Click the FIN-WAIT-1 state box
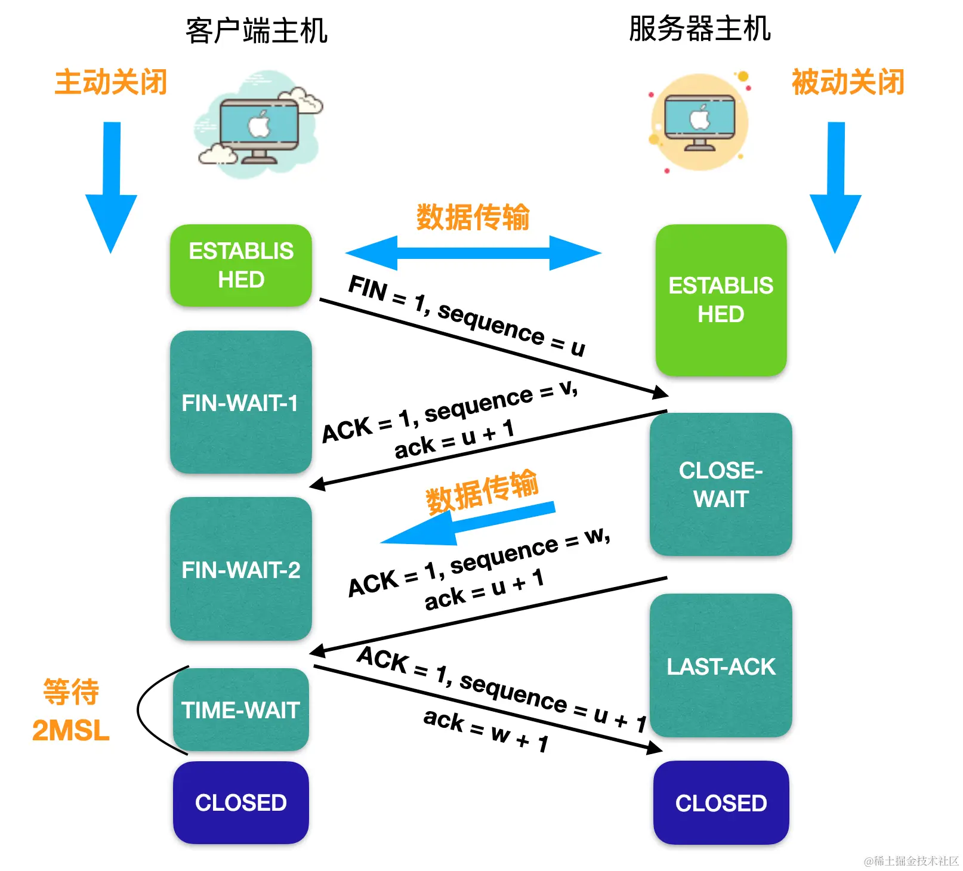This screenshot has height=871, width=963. pyautogui.click(x=240, y=402)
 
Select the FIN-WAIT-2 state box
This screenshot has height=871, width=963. pyautogui.click(x=240, y=569)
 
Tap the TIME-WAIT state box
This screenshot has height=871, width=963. pyautogui.click(x=240, y=709)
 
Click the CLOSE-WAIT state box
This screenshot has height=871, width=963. pyautogui.click(x=721, y=484)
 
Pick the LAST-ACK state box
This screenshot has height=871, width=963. pyautogui.click(x=721, y=666)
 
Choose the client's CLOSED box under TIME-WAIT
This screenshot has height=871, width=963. pyautogui.click(x=240, y=802)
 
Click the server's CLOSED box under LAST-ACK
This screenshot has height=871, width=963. pyautogui.click(x=721, y=803)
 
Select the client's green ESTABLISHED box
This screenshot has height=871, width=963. pyautogui.click(x=240, y=265)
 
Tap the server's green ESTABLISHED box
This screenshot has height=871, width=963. pyautogui.click(x=721, y=300)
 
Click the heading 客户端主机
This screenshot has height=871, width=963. pyautogui.click(x=257, y=30)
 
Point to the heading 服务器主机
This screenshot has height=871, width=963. pyautogui.click(x=700, y=29)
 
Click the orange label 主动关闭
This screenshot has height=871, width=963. pyautogui.click(x=111, y=82)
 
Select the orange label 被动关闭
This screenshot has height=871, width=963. pyautogui.click(x=848, y=82)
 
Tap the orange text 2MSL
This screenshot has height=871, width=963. pyautogui.click(x=71, y=730)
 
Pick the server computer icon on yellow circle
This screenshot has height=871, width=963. pyautogui.click(x=699, y=123)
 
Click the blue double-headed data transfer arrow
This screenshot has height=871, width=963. pyautogui.click(x=473, y=253)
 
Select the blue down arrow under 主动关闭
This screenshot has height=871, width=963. pyautogui.click(x=112, y=187)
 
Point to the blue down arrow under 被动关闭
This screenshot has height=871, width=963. pyautogui.click(x=835, y=187)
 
